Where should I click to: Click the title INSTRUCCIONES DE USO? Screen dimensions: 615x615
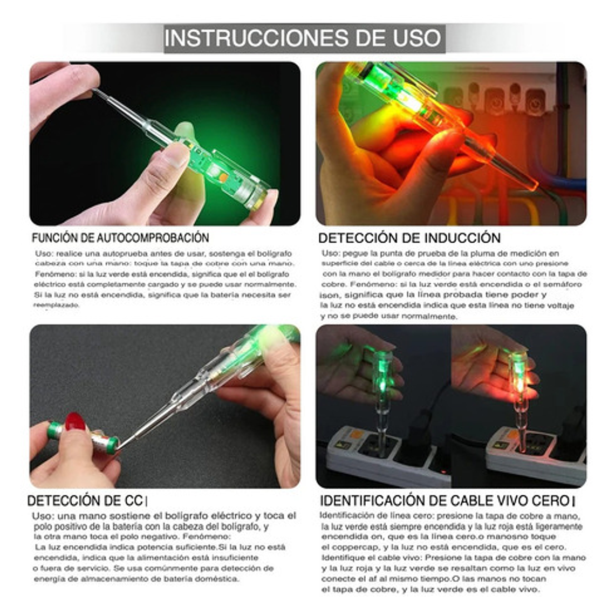pos(304,38)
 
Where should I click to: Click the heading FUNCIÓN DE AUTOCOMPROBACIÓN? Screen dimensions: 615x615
pos(120,238)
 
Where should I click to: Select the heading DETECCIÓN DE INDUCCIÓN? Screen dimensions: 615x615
pos(409,238)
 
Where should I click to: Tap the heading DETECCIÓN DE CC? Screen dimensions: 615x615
pos(85,501)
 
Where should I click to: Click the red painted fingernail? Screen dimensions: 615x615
pos(75,421)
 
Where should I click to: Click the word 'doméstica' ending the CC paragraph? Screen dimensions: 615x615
pos(217,579)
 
